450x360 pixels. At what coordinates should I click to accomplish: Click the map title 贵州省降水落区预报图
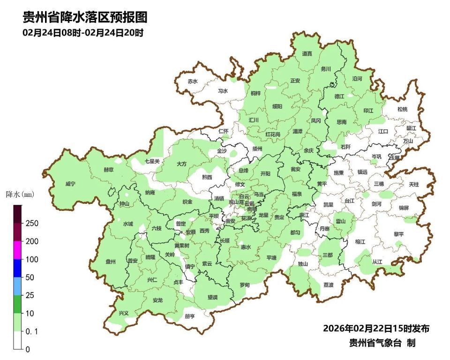tap(85, 18)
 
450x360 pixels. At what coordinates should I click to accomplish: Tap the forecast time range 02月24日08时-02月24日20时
tap(82, 33)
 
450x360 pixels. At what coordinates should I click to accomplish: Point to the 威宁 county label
tap(70, 184)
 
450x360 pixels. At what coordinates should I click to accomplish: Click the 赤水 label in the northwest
tap(193, 81)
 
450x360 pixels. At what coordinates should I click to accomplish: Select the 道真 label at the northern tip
tap(307, 54)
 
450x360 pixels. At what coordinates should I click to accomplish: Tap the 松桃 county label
tap(402, 109)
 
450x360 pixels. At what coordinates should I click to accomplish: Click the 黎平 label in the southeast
tap(398, 233)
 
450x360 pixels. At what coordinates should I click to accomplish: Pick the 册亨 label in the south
tap(189, 316)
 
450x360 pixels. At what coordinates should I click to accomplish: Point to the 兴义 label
tap(124, 313)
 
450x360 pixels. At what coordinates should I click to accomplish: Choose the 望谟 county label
tap(213, 297)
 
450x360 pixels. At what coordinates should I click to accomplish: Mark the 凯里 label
tap(328, 204)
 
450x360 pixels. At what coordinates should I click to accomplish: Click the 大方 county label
tap(181, 164)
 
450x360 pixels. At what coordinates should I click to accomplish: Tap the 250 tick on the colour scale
tap(32, 223)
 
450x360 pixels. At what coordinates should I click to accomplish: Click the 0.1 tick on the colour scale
tap(32, 331)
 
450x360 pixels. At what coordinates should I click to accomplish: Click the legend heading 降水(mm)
tap(20, 194)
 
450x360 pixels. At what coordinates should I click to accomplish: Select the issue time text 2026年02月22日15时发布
tap(376, 328)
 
